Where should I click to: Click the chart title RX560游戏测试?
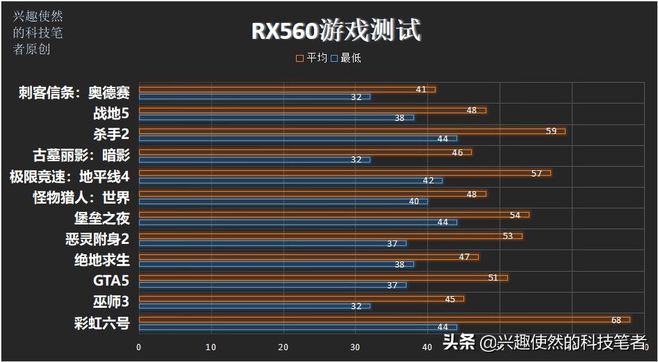(336, 31)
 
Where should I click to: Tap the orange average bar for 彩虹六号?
(384, 320)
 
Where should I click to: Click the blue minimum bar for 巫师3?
(254, 306)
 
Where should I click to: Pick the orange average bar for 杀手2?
(352, 131)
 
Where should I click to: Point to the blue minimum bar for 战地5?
(277, 117)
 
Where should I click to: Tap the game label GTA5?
(111, 281)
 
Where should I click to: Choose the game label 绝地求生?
(101, 260)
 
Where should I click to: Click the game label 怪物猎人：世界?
(81, 197)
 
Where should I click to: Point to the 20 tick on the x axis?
(283, 347)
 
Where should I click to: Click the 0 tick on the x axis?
(139, 347)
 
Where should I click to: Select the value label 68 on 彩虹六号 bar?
(616, 320)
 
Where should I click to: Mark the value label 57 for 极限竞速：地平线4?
(536, 173)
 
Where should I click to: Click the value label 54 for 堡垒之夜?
(515, 215)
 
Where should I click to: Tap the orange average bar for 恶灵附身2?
(330, 236)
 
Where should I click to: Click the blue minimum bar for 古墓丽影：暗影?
(254, 159)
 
